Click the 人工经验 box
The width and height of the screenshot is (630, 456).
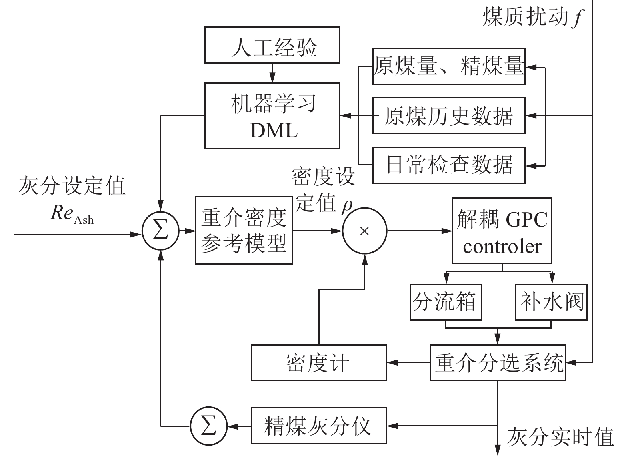(x=272, y=45)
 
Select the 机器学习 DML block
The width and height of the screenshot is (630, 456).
(x=272, y=116)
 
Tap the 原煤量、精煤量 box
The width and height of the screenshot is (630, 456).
(x=448, y=66)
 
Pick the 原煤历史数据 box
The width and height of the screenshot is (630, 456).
(x=448, y=115)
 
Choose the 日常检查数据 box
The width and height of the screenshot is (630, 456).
(x=448, y=165)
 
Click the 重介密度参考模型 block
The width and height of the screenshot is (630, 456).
(x=244, y=230)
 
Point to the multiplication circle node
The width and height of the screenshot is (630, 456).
(x=364, y=231)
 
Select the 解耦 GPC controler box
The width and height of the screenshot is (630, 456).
(x=502, y=231)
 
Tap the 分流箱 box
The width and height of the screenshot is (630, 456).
(x=446, y=302)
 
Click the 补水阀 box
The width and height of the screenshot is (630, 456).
(x=551, y=302)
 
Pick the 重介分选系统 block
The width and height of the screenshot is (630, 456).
(x=498, y=363)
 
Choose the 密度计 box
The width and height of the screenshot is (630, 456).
(x=318, y=363)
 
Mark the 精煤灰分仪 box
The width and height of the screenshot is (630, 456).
(x=318, y=425)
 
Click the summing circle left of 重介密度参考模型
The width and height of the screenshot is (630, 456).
(x=160, y=231)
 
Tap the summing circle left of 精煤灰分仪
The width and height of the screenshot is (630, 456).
(x=208, y=426)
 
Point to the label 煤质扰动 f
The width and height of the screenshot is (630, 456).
(x=532, y=17)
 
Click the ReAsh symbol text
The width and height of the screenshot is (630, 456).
(x=72, y=214)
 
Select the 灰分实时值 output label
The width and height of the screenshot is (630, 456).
(x=560, y=437)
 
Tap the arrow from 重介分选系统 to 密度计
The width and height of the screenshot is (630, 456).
(x=408, y=363)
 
